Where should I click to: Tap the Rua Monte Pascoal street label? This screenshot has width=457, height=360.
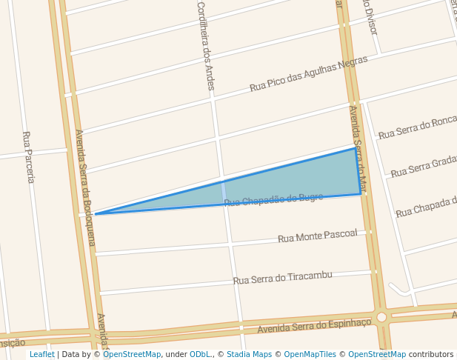pyautogui.click(x=317, y=236)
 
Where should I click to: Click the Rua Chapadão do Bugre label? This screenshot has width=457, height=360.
pyautogui.click(x=273, y=199)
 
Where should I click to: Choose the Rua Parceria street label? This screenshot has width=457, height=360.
pyautogui.click(x=28, y=157)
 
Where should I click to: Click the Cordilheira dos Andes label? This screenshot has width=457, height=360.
pyautogui.click(x=205, y=46)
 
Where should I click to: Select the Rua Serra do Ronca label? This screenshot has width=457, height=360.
pyautogui.click(x=418, y=128)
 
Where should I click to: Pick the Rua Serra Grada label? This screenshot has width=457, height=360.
pyautogui.click(x=424, y=167)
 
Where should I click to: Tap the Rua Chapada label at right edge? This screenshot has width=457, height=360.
pyautogui.click(x=426, y=207)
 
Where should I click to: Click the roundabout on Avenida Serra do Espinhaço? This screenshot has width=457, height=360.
pyautogui.click(x=381, y=317)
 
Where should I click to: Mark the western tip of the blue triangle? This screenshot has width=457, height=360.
pyautogui.click(x=96, y=214)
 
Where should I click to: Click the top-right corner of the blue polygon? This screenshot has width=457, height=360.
pyautogui.click(x=356, y=148)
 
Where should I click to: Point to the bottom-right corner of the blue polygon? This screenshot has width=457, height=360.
pyautogui.click(x=361, y=194)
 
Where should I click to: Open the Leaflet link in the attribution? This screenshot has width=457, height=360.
pyautogui.click(x=41, y=355)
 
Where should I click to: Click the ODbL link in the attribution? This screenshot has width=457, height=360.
pyautogui.click(x=201, y=355)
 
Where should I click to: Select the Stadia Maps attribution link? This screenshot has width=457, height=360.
pyautogui.click(x=249, y=355)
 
